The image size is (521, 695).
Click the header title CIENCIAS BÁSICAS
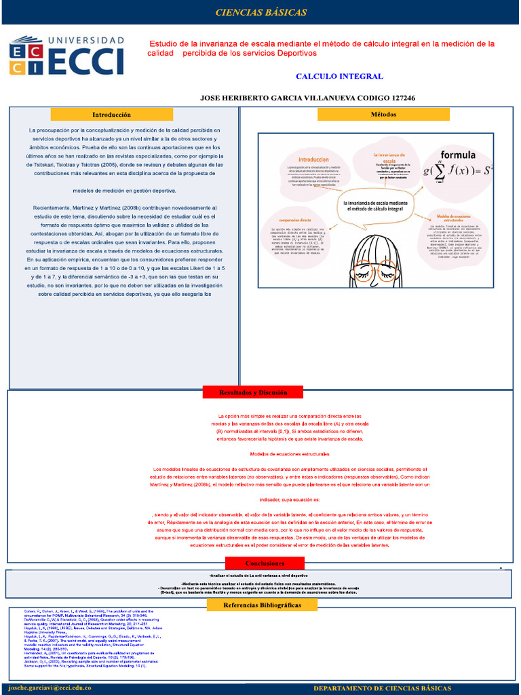click(260, 13)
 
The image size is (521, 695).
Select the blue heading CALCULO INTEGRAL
click(339, 77)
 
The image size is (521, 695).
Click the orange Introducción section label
click(111, 115)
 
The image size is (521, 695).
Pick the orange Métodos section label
click(383, 115)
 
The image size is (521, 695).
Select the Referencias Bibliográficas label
click(261, 604)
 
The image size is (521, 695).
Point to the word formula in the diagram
click(459, 155)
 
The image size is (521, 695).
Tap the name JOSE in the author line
click(212, 98)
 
